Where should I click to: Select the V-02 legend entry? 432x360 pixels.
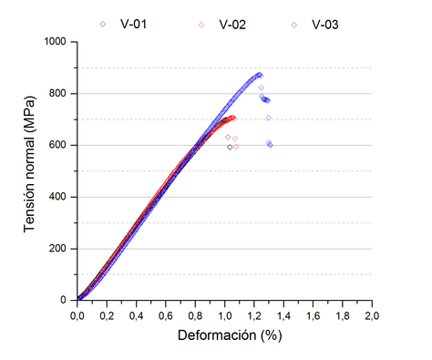tap(222, 24)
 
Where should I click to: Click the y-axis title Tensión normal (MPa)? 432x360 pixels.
tap(30, 170)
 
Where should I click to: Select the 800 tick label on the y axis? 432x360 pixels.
tap(59, 93)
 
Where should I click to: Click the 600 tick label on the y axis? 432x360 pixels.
tap(59, 145)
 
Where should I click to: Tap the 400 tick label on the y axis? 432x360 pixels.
tap(59, 196)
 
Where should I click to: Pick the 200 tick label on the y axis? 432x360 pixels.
tap(59, 248)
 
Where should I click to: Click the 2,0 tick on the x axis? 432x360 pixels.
tap(372, 315)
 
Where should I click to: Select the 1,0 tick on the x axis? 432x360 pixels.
tap(224, 315)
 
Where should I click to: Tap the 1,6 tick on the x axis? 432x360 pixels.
tap(313, 315)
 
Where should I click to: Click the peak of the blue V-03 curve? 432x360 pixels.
tap(260, 75)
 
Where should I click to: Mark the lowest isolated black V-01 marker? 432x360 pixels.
tap(230, 147)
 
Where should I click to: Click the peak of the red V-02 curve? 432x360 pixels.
tap(232, 118)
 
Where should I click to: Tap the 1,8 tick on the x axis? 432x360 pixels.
tap(343, 315)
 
